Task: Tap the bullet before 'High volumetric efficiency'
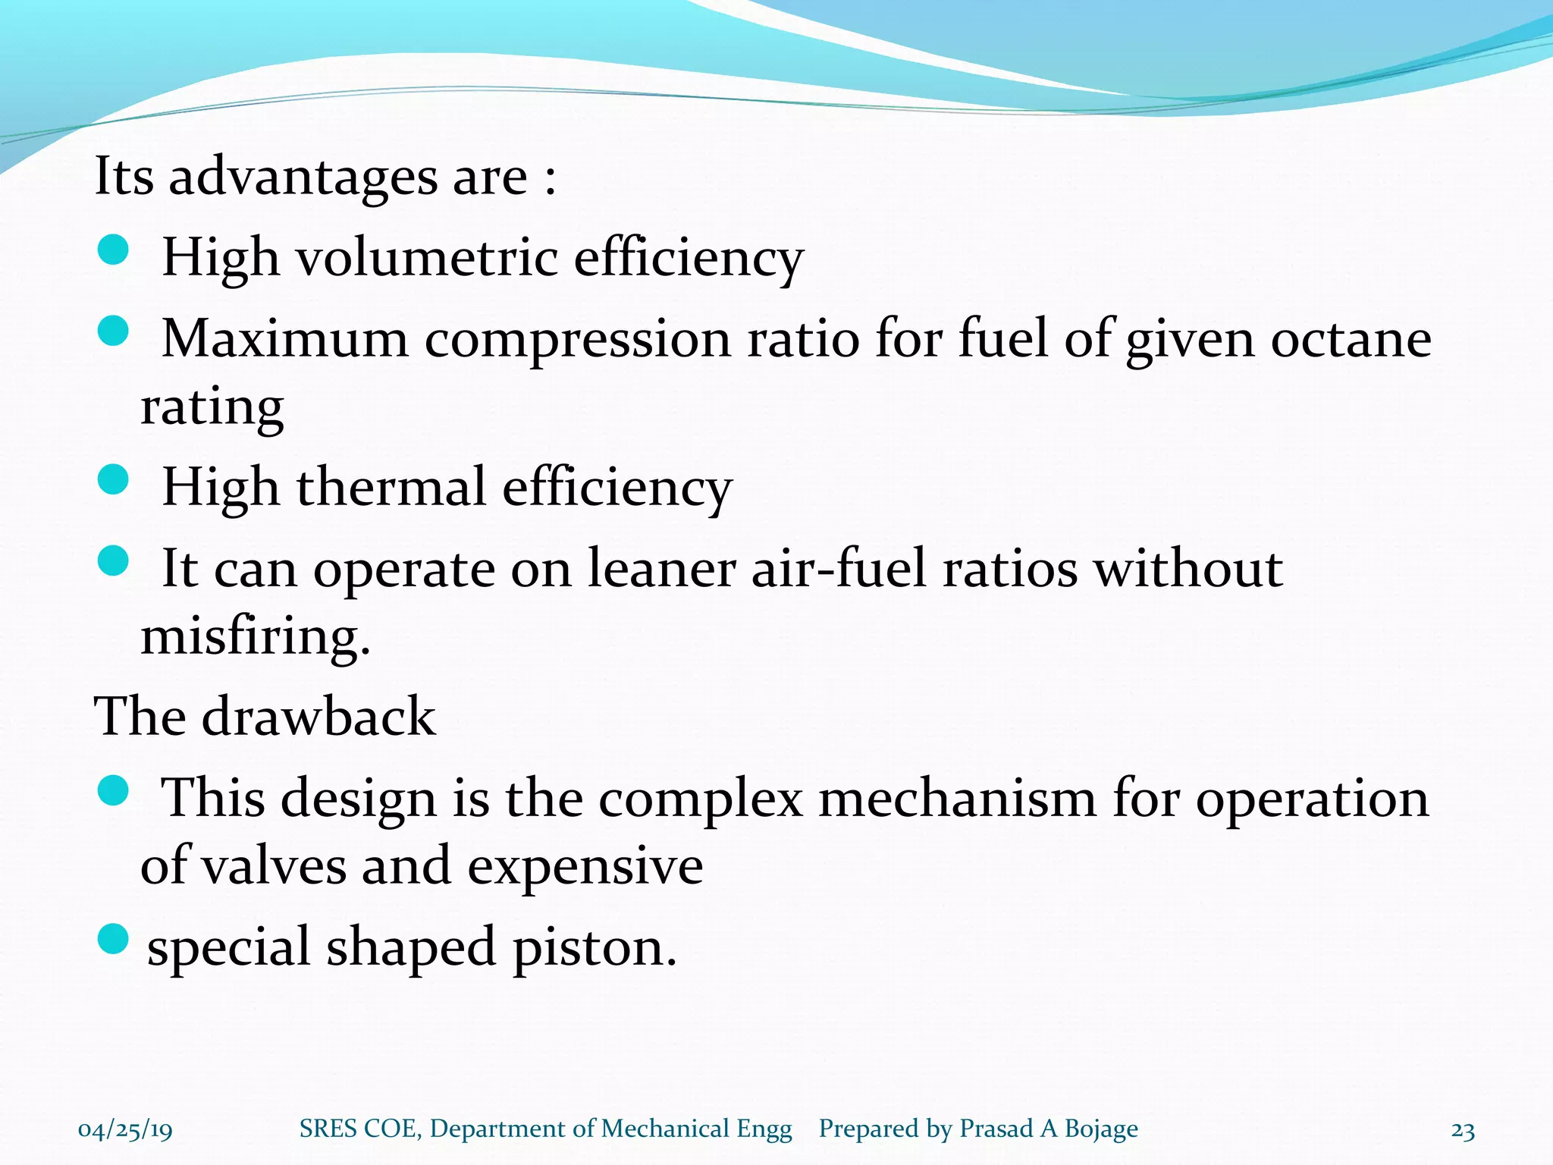coord(114,250)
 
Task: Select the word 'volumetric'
coord(426,258)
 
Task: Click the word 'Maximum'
coord(285,338)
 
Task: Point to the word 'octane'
coord(1351,338)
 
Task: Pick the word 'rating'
coord(212,408)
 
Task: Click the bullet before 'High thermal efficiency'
coord(114,479)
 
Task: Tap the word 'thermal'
coord(391,487)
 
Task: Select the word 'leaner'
coord(661,569)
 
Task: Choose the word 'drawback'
coord(318,717)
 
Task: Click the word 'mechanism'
coord(957,799)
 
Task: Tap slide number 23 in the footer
coord(1463,1131)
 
